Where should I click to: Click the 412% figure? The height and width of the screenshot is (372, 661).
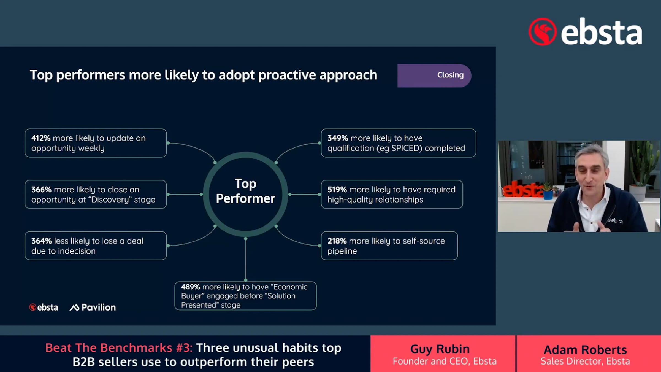[x=41, y=138]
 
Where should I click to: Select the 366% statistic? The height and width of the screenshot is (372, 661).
[x=41, y=190]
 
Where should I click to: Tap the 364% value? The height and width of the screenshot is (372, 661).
[x=41, y=241]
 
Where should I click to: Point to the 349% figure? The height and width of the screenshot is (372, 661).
[x=338, y=138]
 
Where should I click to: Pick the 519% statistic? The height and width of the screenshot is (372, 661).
[x=337, y=190]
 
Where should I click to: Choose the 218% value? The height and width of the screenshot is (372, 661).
[x=337, y=241]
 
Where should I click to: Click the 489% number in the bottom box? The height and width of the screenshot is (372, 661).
[x=191, y=287]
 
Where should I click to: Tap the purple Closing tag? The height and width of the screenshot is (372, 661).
[x=434, y=76]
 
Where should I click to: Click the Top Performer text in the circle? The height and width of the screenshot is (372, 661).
[x=246, y=191]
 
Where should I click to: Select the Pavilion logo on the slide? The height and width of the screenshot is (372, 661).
[x=93, y=307]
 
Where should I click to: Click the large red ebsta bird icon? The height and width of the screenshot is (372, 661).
[x=542, y=32]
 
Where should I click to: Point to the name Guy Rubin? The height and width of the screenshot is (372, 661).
[x=440, y=349]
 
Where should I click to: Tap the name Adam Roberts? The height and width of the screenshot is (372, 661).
[x=585, y=349]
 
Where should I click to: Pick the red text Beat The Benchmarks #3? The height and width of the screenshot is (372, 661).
[x=119, y=348]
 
